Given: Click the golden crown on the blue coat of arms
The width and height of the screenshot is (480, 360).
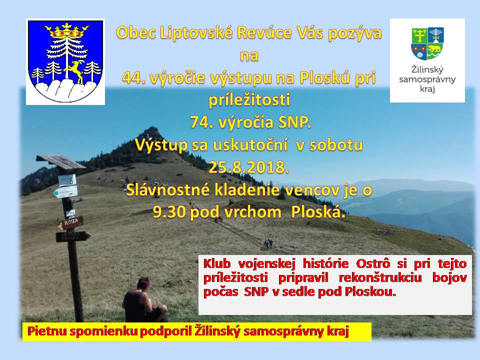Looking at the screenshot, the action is tap(66, 30).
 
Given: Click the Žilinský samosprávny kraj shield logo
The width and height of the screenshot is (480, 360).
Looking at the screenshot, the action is tap(427, 43).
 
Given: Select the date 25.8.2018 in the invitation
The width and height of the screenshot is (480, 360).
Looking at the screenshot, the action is tap(248, 167).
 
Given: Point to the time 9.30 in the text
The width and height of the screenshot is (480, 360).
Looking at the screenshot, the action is tap(170, 212).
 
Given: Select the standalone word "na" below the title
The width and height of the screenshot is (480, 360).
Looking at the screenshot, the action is tap(249, 56).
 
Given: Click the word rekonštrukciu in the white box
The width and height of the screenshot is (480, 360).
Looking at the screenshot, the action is tap(380, 277).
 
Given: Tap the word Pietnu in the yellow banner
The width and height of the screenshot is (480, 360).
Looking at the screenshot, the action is tap(47, 331).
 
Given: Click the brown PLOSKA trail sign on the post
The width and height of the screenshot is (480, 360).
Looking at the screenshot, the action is tap(71, 223).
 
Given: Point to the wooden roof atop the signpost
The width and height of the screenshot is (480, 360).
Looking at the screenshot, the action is tap(60, 161).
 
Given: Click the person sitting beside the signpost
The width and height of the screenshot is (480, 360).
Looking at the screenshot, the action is tap(144, 300).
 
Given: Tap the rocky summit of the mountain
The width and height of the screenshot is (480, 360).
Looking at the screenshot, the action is tap(152, 131).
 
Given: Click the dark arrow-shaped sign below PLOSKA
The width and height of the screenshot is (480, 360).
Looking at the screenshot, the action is tap(73, 236).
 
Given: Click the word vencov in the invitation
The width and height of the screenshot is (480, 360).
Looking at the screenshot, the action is tap(310, 190).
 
